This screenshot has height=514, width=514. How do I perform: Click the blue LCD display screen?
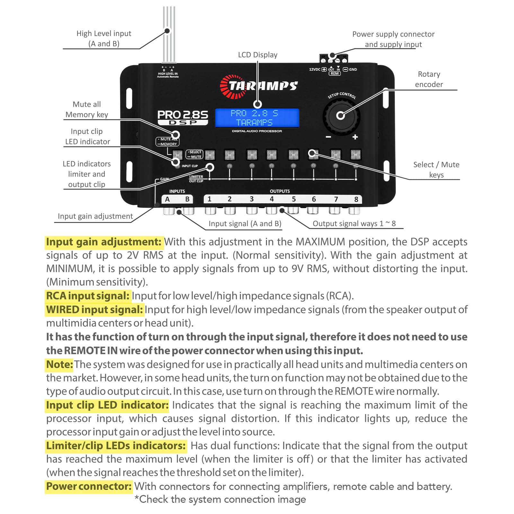(257, 118)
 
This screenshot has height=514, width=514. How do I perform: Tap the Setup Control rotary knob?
(341, 116)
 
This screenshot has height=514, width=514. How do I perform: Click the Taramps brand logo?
(259, 86)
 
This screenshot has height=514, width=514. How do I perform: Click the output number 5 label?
(294, 199)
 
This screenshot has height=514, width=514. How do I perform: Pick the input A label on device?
(167, 199)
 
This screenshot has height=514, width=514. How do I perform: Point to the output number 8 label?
(356, 199)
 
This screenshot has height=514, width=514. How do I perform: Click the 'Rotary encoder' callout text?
(429, 79)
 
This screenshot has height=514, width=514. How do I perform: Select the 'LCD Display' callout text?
(258, 55)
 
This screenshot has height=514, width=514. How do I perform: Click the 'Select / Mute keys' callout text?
(436, 170)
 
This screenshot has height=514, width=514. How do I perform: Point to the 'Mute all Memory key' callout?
(87, 110)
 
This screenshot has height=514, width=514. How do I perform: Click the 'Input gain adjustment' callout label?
(95, 216)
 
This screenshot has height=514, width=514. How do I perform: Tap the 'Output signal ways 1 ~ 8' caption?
(354, 224)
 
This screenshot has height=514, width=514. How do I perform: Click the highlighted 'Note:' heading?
(60, 365)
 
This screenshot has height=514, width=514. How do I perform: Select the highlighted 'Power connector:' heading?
(89, 486)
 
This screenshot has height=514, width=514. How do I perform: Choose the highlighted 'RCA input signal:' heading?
(88, 296)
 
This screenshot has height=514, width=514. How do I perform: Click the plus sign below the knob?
(355, 137)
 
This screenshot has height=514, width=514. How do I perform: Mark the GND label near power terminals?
(353, 69)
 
